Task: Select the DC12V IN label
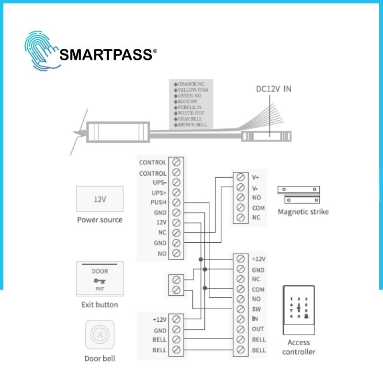(x=273, y=89)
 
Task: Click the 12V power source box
(x=100, y=199)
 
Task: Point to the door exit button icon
(x=100, y=279)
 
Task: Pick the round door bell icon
(x=100, y=334)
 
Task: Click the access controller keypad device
(x=299, y=310)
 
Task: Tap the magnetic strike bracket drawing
(x=299, y=195)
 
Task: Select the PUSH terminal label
(x=158, y=202)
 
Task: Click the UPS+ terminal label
(x=159, y=193)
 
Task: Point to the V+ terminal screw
(x=241, y=177)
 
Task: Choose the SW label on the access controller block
(x=256, y=309)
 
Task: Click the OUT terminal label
(x=258, y=329)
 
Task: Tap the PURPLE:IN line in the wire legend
(x=188, y=107)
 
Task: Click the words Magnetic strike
(x=303, y=212)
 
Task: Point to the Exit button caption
(x=100, y=304)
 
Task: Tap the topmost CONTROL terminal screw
(x=176, y=162)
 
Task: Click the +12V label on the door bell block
(x=160, y=319)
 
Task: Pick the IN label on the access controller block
(x=255, y=319)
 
